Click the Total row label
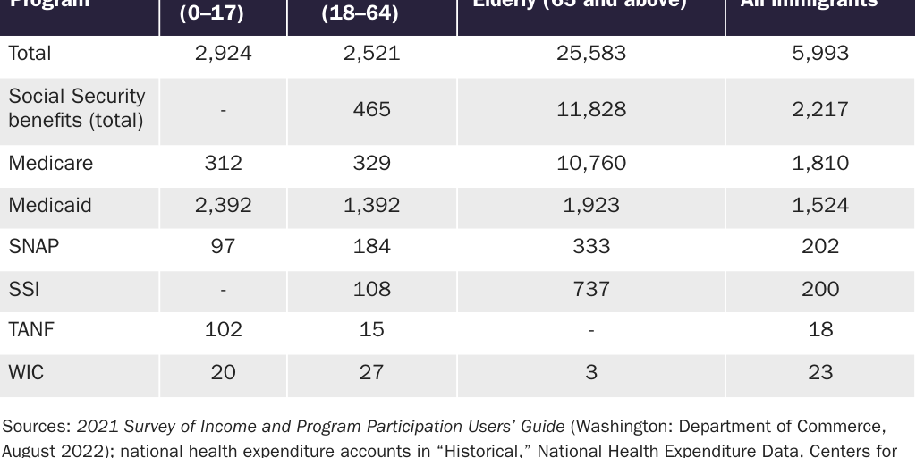(30, 54)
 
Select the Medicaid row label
(50, 206)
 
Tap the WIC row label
(26, 372)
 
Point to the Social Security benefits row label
(76, 108)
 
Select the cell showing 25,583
(590, 54)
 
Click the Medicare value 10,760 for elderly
(590, 164)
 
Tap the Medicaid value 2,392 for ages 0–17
(223, 206)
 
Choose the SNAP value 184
(371, 247)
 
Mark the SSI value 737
(590, 289)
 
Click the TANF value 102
(223, 330)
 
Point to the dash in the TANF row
(590, 330)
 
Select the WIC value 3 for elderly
(590, 372)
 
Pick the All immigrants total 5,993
(819, 54)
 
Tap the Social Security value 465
(371, 109)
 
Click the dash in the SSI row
(223, 289)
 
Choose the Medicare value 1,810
(819, 164)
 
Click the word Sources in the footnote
(36, 426)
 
